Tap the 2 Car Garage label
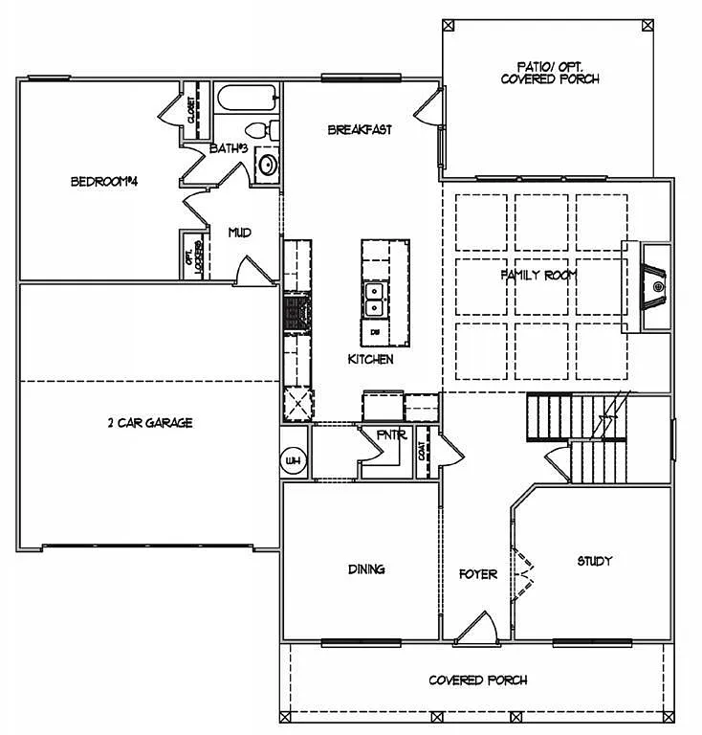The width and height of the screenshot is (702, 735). pos(150,422)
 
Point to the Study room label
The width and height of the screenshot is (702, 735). pos(594,561)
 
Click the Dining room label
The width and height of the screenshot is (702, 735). pos(365,569)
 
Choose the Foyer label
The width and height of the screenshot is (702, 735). pos(477,574)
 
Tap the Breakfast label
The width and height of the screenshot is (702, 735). pos(359,130)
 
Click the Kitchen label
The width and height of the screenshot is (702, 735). pos(370,359)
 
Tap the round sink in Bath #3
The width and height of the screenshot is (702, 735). pos(268,165)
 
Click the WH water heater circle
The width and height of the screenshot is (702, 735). pos(293,462)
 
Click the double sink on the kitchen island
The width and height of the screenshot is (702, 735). pos(375,299)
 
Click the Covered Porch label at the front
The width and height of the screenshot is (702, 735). pos(477,680)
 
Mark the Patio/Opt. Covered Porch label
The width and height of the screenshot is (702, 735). pos(550,73)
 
